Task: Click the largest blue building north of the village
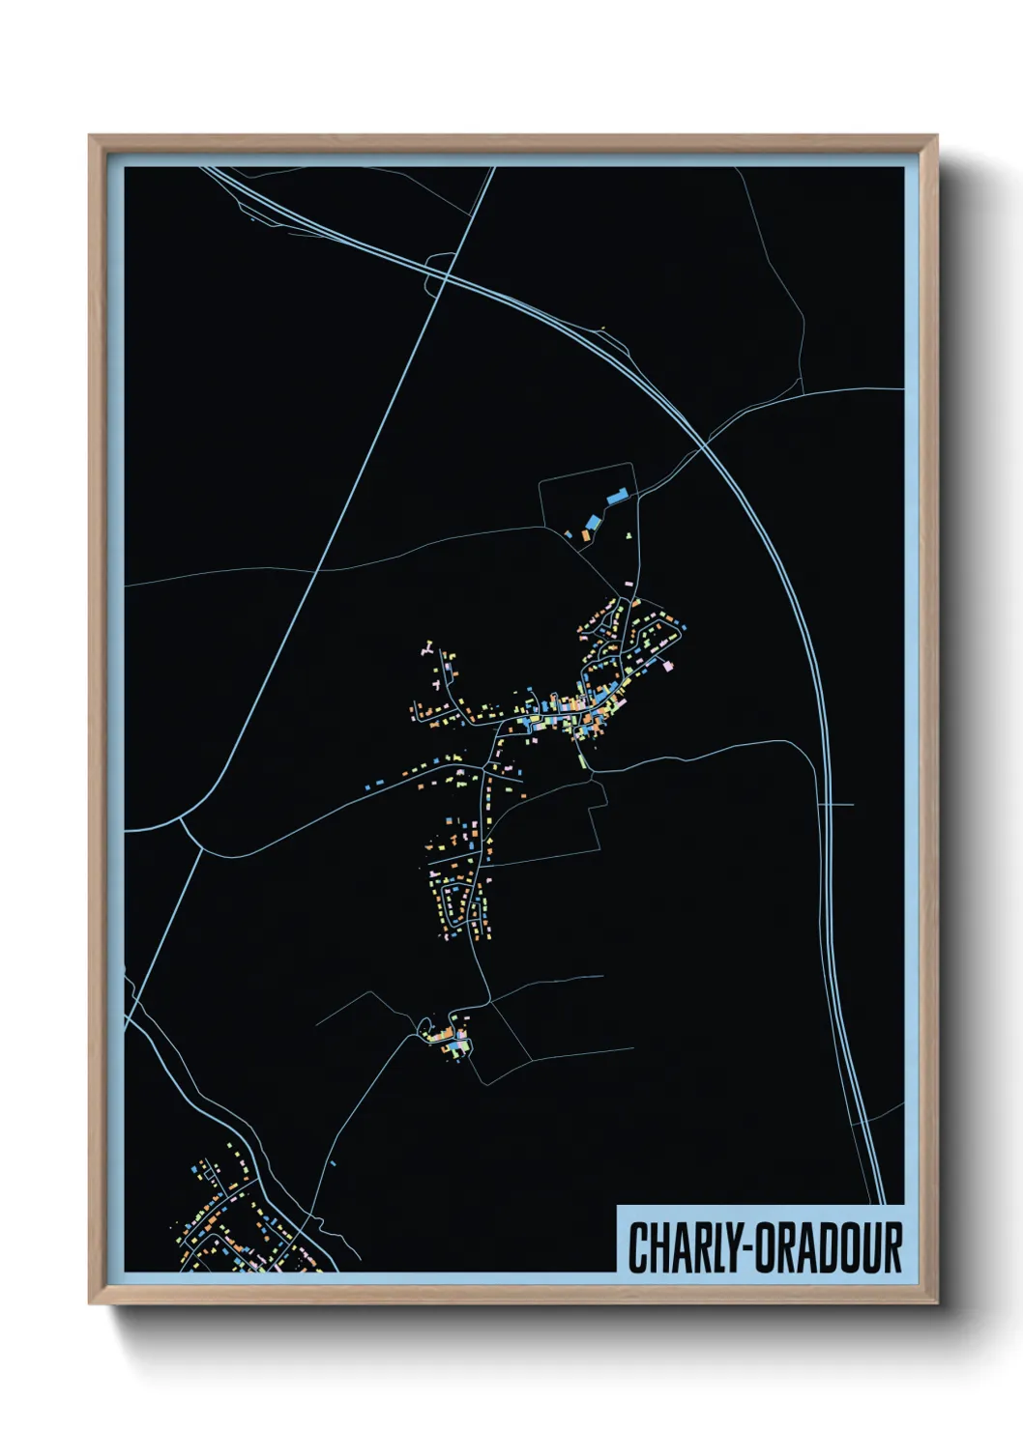[x=615, y=498]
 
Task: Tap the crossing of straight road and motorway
[x=446, y=274]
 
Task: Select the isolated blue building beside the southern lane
[x=332, y=1163]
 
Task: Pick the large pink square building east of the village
[x=667, y=665]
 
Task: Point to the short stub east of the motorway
[x=839, y=804]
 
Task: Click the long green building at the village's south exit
[x=583, y=759]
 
